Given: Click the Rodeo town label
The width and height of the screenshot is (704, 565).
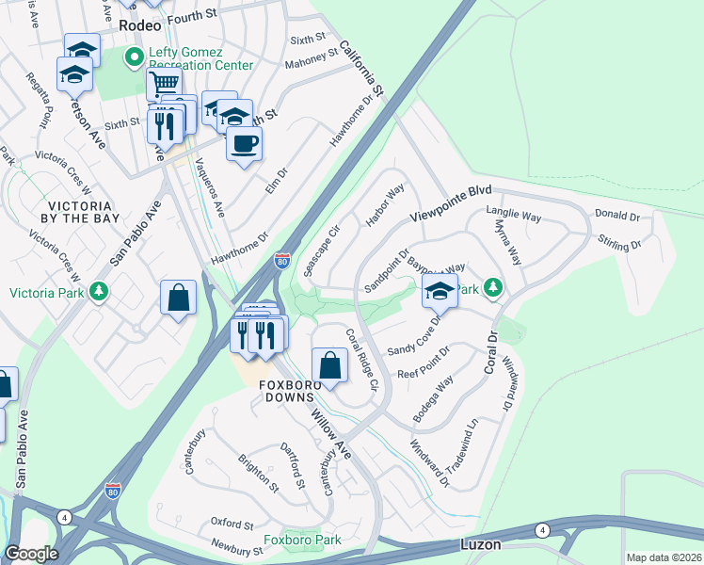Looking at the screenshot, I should [140, 27].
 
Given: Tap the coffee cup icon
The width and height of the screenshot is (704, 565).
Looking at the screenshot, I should [245, 144].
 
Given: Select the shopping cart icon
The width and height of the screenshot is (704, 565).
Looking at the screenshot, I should [163, 84].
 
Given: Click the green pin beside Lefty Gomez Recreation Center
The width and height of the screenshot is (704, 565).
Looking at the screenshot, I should [135, 57].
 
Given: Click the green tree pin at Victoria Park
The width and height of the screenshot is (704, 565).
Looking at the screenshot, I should [99, 292].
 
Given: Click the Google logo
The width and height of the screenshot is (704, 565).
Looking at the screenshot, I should [31, 554].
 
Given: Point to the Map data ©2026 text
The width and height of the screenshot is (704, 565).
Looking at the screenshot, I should [664, 557].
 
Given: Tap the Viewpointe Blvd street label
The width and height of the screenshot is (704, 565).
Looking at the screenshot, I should [451, 204].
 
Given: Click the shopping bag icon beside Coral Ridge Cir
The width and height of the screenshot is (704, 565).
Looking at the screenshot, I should [329, 364].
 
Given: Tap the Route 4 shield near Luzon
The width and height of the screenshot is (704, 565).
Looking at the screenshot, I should [543, 530].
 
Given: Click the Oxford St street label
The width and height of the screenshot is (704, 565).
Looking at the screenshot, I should [232, 523].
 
